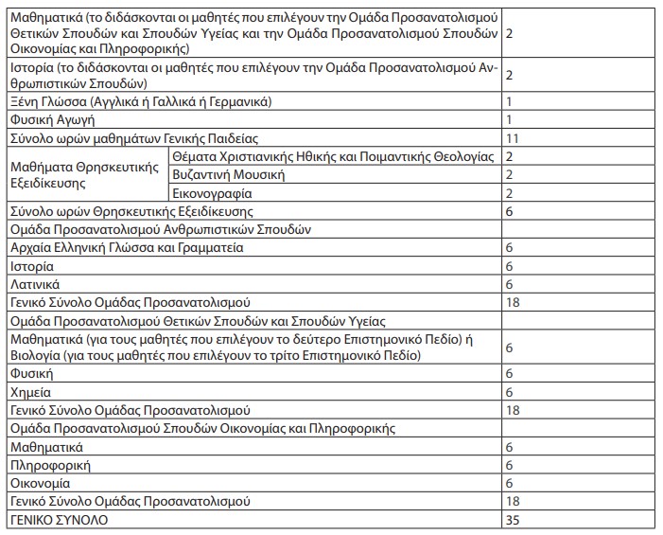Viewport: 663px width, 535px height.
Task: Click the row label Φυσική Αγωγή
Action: tap(52, 120)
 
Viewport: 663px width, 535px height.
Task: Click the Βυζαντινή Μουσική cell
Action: tap(229, 174)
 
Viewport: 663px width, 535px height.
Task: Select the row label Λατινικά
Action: tap(36, 284)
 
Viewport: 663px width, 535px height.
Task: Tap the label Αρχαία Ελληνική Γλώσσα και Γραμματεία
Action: tap(127, 248)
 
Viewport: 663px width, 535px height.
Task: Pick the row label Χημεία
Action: tap(30, 392)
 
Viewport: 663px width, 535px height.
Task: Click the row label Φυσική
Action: tap(31, 374)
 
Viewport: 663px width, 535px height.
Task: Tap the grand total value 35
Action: tap(512, 520)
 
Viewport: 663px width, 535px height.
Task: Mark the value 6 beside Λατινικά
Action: tap(509, 284)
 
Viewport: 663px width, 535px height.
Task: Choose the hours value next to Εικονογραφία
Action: tap(509, 193)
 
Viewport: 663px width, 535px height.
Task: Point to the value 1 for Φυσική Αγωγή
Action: tap(509, 120)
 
